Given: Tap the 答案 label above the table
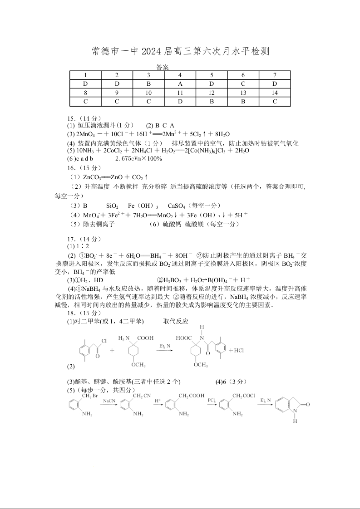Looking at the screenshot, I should [162, 67].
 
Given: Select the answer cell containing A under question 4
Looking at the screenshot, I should [180, 84].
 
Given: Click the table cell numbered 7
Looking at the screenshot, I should [274, 75].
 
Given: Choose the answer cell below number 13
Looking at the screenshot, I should [243, 101].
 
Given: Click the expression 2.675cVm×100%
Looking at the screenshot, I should [138, 159].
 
